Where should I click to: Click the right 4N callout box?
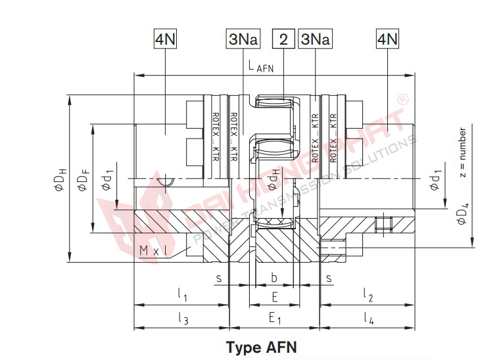(387, 39)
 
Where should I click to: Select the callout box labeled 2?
(283, 39)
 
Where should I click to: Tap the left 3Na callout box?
(244, 39)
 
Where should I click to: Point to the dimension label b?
(274, 279)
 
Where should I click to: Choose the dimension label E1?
(275, 320)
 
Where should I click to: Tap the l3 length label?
(183, 320)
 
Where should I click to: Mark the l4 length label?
(368, 320)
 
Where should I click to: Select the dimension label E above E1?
(274, 298)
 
